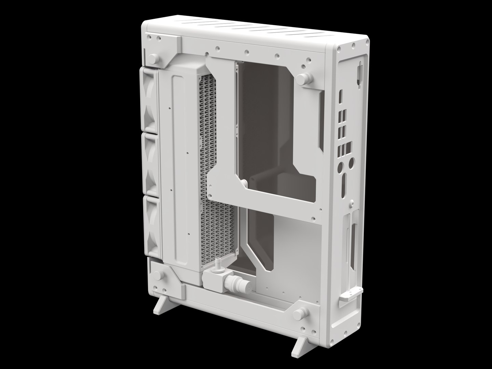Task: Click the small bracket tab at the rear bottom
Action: pyautogui.click(x=349, y=294)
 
